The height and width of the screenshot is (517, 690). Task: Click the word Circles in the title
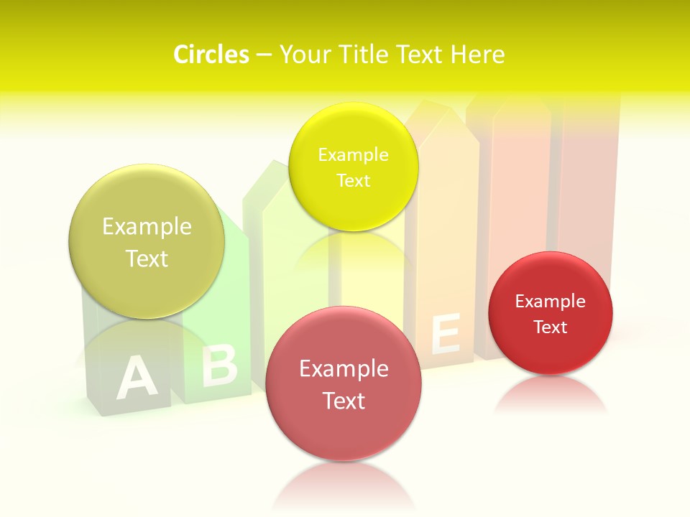pyautogui.click(x=211, y=55)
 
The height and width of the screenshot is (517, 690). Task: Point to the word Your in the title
pyautogui.click(x=304, y=55)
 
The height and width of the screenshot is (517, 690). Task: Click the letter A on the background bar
pyautogui.click(x=136, y=378)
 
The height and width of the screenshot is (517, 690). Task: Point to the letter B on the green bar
pyautogui.click(x=218, y=365)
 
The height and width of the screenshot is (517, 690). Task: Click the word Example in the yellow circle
pyautogui.click(x=353, y=155)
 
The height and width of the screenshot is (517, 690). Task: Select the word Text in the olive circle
pyautogui.click(x=147, y=258)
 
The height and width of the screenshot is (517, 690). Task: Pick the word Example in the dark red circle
pyautogui.click(x=551, y=302)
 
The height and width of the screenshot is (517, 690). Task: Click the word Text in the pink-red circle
pyautogui.click(x=344, y=401)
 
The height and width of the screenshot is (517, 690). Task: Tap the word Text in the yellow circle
pyautogui.click(x=353, y=181)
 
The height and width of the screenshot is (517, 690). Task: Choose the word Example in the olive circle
pyautogui.click(x=147, y=227)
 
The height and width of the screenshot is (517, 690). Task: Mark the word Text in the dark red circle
pyautogui.click(x=551, y=327)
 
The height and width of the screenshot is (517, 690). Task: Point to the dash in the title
pyautogui.click(x=264, y=55)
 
